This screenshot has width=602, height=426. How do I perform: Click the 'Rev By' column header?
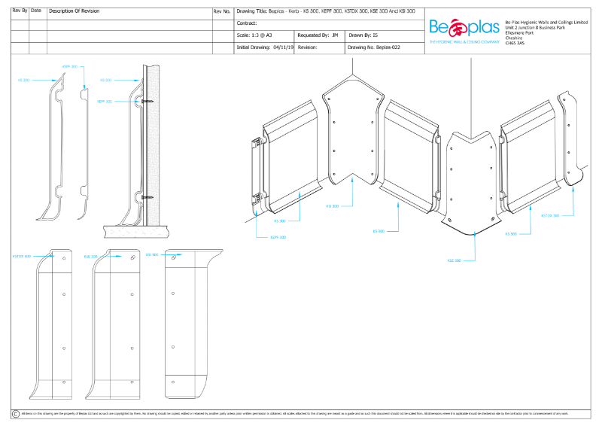pos(20,11)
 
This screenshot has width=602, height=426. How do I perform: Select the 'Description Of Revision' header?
pos(75,12)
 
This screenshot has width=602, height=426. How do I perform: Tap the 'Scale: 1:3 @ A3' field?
pos(256,35)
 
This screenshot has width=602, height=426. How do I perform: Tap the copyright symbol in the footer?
pos(15,414)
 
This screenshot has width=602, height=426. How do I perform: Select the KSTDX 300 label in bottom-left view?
pos(22,256)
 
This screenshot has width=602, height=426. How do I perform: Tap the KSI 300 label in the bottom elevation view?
pos(151,254)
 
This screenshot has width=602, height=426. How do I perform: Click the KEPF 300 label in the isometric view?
pos(278,237)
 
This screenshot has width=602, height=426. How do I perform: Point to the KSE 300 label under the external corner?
pos(454,260)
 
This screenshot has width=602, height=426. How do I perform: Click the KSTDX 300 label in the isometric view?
pos(550,215)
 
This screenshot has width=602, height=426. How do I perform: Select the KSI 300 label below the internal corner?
pos(332,205)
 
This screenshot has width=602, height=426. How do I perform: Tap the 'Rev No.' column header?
pos(222,12)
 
